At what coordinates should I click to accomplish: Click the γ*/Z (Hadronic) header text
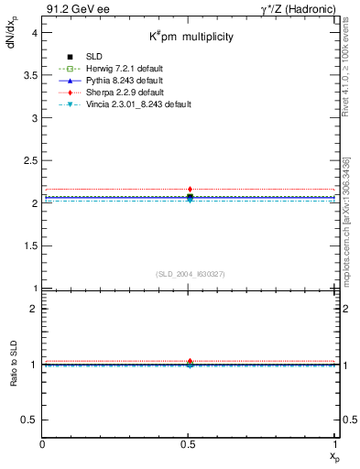297,10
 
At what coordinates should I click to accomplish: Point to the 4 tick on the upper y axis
34,32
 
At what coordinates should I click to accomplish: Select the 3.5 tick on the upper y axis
30,75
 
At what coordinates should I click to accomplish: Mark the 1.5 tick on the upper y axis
30,245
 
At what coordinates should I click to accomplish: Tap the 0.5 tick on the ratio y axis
30,420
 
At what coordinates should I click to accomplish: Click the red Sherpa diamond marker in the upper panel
190,189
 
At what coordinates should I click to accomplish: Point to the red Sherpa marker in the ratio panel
190,361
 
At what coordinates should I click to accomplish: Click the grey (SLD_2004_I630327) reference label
190,274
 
